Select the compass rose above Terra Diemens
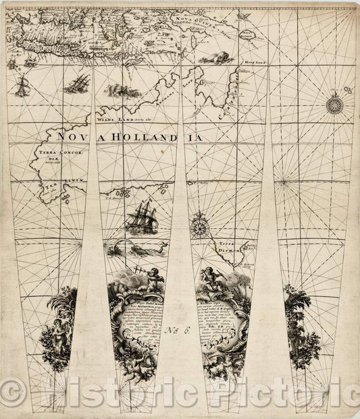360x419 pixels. point(199,227)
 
